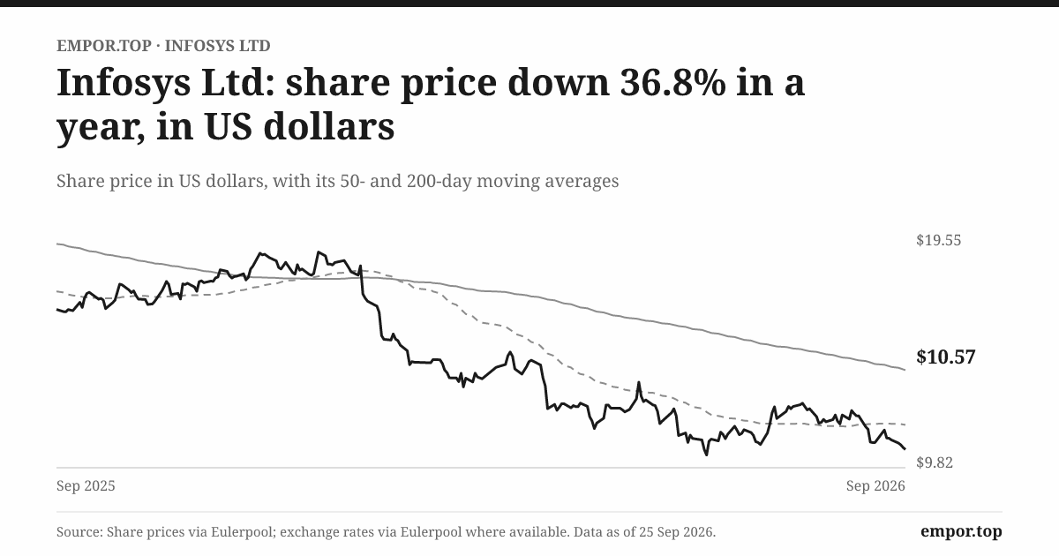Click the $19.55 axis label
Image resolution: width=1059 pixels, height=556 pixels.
point(938,240)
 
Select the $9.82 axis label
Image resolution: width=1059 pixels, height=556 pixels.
point(935,462)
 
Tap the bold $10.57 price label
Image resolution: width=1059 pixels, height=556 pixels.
point(945,357)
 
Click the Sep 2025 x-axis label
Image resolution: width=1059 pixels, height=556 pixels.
point(86,486)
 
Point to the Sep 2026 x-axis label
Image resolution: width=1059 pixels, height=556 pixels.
point(875,486)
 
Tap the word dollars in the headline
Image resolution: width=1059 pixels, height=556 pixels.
point(329,127)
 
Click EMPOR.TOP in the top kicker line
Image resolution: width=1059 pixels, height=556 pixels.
point(104,46)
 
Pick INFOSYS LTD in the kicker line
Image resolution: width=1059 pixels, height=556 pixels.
point(217,46)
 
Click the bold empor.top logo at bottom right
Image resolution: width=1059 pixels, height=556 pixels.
point(961,532)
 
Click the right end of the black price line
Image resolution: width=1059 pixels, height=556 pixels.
point(905,448)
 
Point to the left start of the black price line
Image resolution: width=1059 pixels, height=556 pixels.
point(56,310)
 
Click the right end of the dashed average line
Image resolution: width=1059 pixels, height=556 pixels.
point(905,425)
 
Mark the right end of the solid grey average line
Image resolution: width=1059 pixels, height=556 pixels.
point(905,370)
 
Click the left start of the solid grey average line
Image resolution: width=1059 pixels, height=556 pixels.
point(56,244)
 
